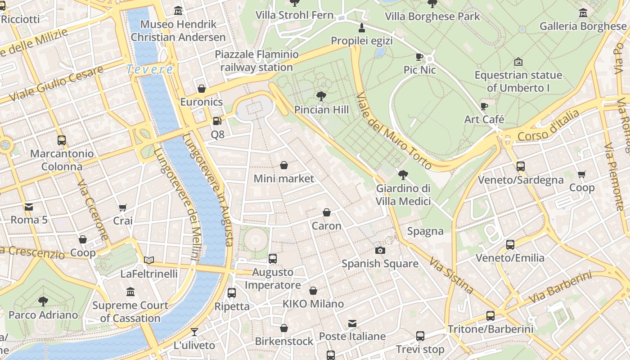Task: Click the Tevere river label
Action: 149,69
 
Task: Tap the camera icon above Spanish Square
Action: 380,250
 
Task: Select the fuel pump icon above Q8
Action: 217,121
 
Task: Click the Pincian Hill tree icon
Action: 321,96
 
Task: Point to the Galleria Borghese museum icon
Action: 583,13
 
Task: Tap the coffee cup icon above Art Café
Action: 484,106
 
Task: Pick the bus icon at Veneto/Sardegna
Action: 521,166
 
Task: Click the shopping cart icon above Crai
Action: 123,207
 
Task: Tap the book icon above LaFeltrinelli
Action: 149,260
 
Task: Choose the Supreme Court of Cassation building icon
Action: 130,292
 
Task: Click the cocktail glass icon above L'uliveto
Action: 194,332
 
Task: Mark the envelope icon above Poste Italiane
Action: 352,323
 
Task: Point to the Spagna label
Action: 425,231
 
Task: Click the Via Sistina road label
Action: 451,275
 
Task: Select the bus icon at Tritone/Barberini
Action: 490,315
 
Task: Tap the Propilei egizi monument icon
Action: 361,28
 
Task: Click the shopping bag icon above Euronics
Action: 202,89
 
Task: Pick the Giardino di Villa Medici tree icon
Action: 403,175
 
